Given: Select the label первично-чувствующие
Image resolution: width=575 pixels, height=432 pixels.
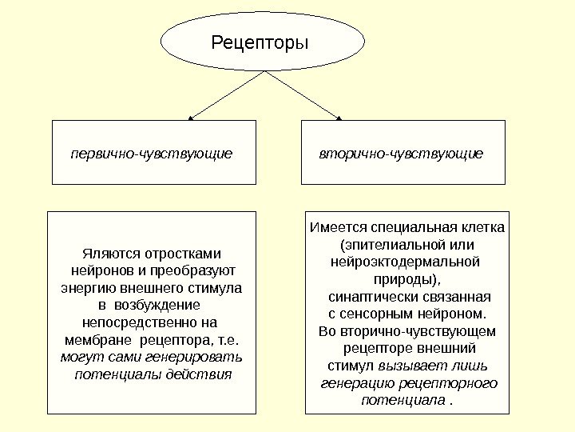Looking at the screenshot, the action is tap(152, 151).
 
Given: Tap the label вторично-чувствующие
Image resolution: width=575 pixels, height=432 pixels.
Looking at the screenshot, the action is tap(401, 151).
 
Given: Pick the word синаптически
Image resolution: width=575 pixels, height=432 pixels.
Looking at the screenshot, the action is tap(369, 296).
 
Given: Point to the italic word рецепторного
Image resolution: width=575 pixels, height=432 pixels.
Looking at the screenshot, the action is tap(454, 383).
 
